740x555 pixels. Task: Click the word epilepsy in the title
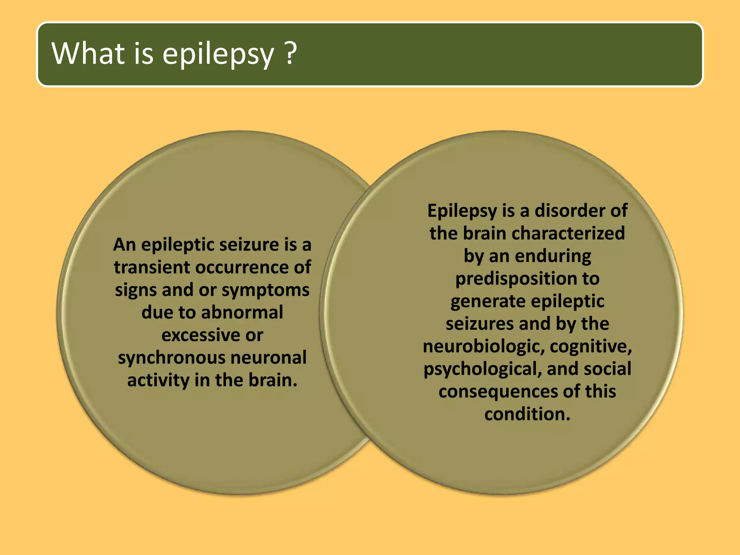pos(218,54)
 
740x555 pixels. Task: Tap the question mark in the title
pos(290,53)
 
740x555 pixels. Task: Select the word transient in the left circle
pos(152,267)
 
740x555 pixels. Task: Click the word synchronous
pos(171,358)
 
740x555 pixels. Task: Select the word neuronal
pos(268,358)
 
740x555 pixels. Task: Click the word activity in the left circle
pos(158,380)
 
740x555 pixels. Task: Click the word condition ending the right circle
pos(526,414)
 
